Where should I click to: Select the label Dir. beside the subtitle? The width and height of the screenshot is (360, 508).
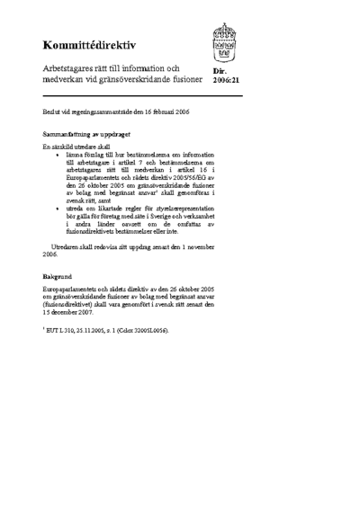pyautogui.click(x=219, y=70)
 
